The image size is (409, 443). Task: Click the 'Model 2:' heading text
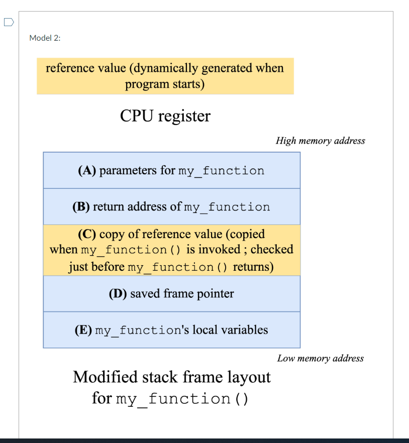pyautogui.click(x=45, y=38)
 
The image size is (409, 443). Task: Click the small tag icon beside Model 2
pyautogui.click(x=9, y=22)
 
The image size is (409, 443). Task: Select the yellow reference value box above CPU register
pyautogui.click(x=165, y=76)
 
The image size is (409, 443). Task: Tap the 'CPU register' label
pyautogui.click(x=165, y=116)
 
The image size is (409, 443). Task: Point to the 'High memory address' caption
pyautogui.click(x=320, y=141)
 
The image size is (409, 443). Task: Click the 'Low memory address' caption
pyautogui.click(x=320, y=358)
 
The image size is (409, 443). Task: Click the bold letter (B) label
pyautogui.click(x=81, y=207)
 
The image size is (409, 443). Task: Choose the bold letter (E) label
pyautogui.click(x=83, y=330)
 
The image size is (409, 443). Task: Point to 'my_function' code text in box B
pyautogui.click(x=227, y=207)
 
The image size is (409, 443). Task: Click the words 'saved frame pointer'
pyautogui.click(x=182, y=294)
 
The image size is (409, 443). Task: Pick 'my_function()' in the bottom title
pyautogui.click(x=182, y=399)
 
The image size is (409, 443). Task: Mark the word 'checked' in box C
pyautogui.click(x=272, y=250)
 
